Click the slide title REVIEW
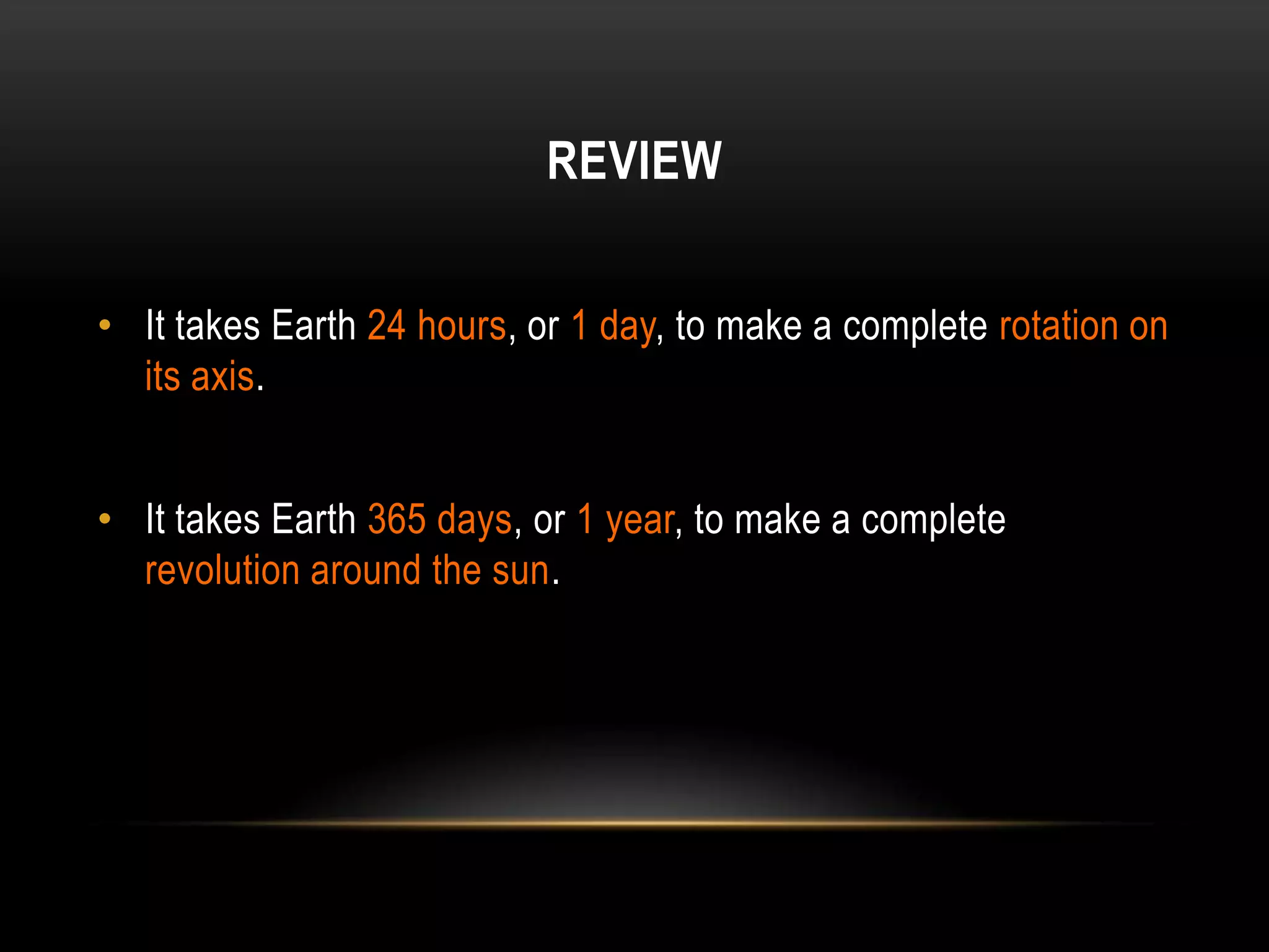(x=634, y=161)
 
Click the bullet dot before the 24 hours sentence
(x=105, y=324)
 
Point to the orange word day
(x=627, y=327)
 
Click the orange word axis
(x=222, y=377)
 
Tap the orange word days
(x=475, y=521)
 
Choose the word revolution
(x=222, y=570)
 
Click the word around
(x=366, y=570)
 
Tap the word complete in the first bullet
(x=915, y=327)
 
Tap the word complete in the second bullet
(x=933, y=521)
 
